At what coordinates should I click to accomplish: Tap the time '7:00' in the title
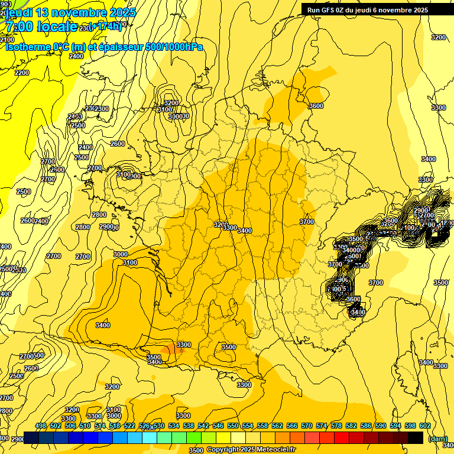click(19, 26)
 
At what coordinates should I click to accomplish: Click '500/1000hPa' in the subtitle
click(174, 47)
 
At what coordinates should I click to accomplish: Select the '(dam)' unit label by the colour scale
click(437, 439)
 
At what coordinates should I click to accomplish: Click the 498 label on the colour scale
click(41, 426)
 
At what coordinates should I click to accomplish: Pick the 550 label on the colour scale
click(233, 426)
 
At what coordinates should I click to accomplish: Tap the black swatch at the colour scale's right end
click(416, 437)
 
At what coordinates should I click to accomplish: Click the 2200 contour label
click(22, 73)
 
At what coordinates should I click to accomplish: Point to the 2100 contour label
click(7, 40)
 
